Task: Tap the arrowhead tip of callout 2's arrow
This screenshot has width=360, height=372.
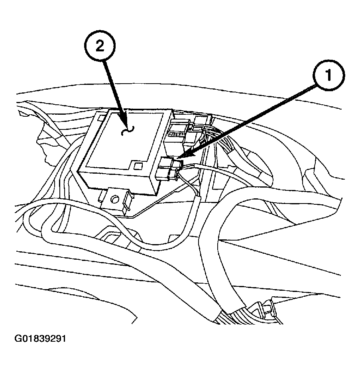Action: pyautogui.click(x=126, y=124)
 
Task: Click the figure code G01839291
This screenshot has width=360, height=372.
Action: pyautogui.click(x=40, y=339)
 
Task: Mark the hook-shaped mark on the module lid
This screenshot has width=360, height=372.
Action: pyautogui.click(x=128, y=130)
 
